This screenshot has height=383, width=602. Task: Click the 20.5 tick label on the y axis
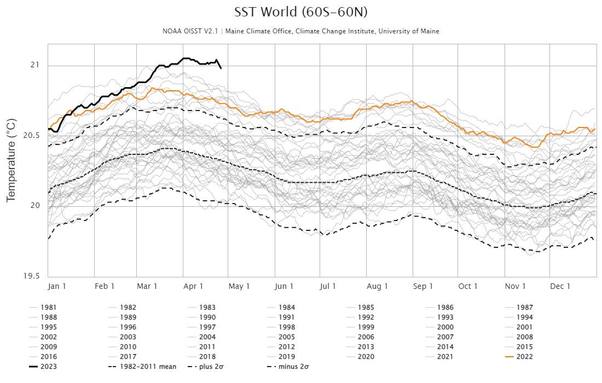32,136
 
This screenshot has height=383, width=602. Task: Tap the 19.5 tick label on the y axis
32,277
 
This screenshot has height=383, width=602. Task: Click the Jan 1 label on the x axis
57,286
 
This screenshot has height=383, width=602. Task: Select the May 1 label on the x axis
239,286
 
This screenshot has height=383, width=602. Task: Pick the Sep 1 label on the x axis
423,286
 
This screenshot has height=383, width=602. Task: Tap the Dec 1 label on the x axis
560,286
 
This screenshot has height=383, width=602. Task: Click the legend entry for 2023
48,367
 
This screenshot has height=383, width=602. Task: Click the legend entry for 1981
48,307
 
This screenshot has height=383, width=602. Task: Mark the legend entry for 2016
48,357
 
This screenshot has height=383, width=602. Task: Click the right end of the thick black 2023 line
221,68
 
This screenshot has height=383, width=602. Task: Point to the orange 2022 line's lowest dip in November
534,147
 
